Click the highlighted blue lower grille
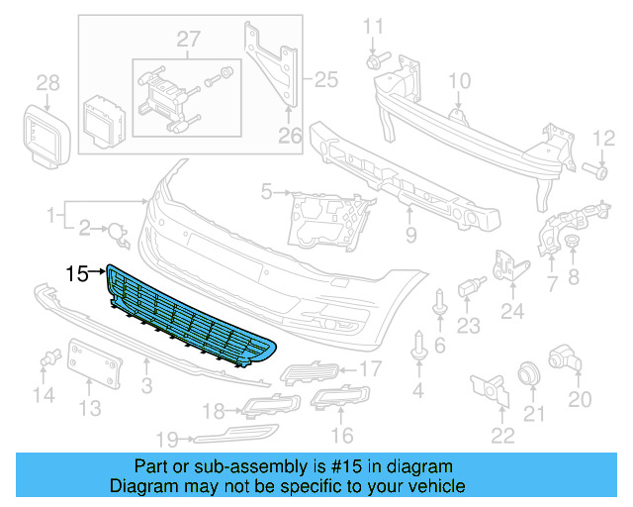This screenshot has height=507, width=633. [188, 317]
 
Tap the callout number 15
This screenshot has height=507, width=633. [77, 272]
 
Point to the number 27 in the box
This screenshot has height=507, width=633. [188, 41]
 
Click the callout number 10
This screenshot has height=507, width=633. [461, 81]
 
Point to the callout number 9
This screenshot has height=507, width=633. [410, 236]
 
